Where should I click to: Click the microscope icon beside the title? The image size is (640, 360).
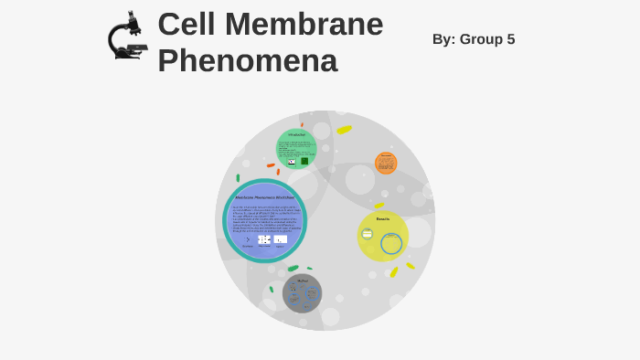126,37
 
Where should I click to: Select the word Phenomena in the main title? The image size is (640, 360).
247,61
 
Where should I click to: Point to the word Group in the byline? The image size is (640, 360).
485,39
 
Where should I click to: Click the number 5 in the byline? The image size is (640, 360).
510,39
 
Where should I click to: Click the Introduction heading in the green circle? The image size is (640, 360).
296,135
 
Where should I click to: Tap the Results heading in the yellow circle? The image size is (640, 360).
383,219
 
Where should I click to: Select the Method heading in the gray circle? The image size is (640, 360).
303,281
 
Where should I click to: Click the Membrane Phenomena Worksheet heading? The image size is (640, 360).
264,197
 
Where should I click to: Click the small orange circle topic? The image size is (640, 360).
386,164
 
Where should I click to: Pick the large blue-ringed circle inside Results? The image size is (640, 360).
391,243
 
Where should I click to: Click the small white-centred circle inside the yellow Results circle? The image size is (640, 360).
368,234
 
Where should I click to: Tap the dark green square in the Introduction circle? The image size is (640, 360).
304,161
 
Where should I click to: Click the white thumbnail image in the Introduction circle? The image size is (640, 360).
292,162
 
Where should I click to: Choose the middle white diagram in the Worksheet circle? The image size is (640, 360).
264,239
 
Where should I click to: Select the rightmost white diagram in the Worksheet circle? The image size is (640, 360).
280,239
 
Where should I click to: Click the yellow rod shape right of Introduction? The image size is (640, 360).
344,130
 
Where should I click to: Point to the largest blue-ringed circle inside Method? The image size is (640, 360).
311,293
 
